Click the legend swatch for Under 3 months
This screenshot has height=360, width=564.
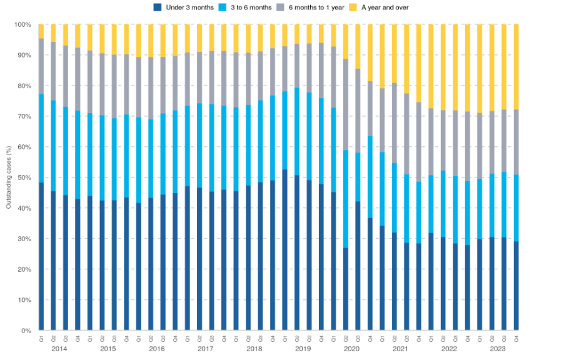click(157, 7)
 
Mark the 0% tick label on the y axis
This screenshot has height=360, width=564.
click(26, 331)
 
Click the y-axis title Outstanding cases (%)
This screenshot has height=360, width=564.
click(8, 177)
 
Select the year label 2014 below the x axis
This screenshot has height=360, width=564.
click(59, 349)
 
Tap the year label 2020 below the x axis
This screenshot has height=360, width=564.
click(351, 349)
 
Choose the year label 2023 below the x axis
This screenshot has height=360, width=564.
click(498, 349)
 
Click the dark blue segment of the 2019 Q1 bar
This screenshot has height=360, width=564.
click(285, 250)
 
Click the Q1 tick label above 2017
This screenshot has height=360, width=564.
click(188, 337)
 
